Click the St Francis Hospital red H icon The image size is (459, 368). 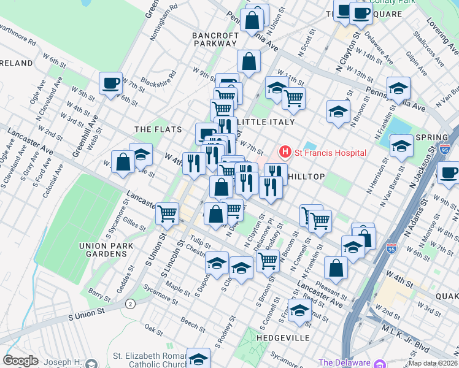284,151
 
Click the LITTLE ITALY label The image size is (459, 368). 265,122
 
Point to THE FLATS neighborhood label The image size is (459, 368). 158,129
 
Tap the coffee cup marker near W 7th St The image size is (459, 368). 110,83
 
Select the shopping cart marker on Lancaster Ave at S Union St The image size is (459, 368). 167,214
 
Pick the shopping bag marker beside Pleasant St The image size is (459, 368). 336,267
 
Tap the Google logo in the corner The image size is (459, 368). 20,361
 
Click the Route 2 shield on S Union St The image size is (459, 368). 130,304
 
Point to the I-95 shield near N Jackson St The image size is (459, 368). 445,148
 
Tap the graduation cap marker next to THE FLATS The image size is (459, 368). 141,155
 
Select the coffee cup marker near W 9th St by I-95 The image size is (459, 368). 449,172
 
